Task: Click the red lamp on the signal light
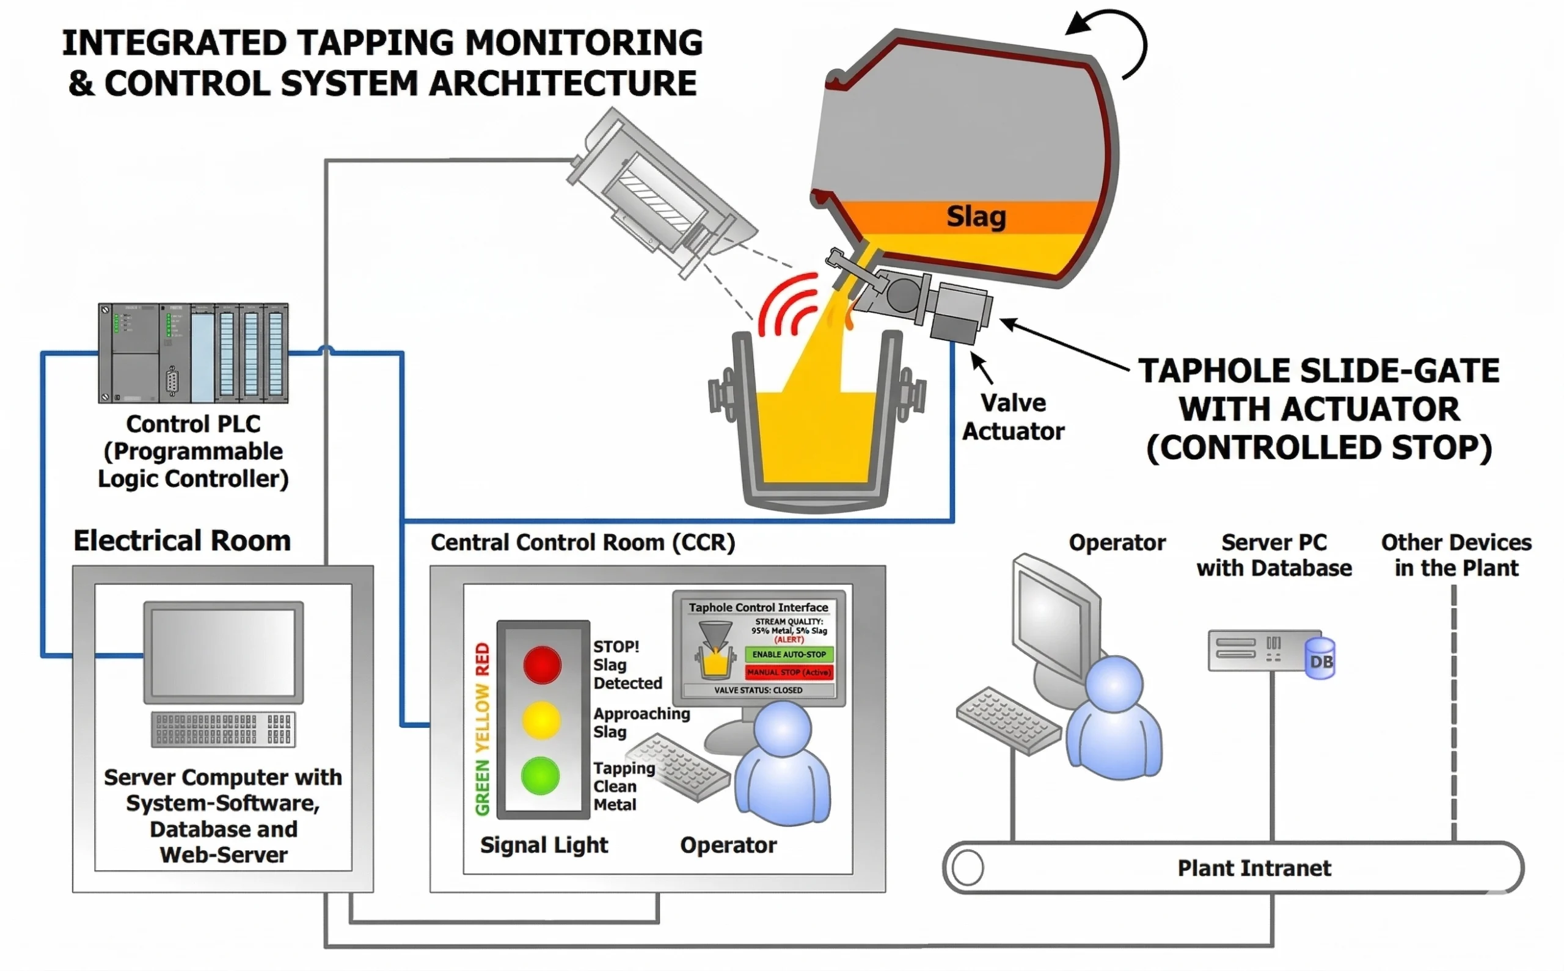542,664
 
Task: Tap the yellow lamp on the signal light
541,719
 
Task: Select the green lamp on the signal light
541,775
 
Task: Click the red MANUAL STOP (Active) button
789,672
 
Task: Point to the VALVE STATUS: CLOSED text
759,690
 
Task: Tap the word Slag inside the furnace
976,216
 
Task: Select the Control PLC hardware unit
193,353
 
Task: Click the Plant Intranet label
1254,868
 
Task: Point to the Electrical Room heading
182,540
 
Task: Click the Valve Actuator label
1014,416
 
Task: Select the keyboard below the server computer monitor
224,730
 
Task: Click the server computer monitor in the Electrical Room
224,652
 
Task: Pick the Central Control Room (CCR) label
583,543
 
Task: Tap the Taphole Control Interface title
759,608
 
